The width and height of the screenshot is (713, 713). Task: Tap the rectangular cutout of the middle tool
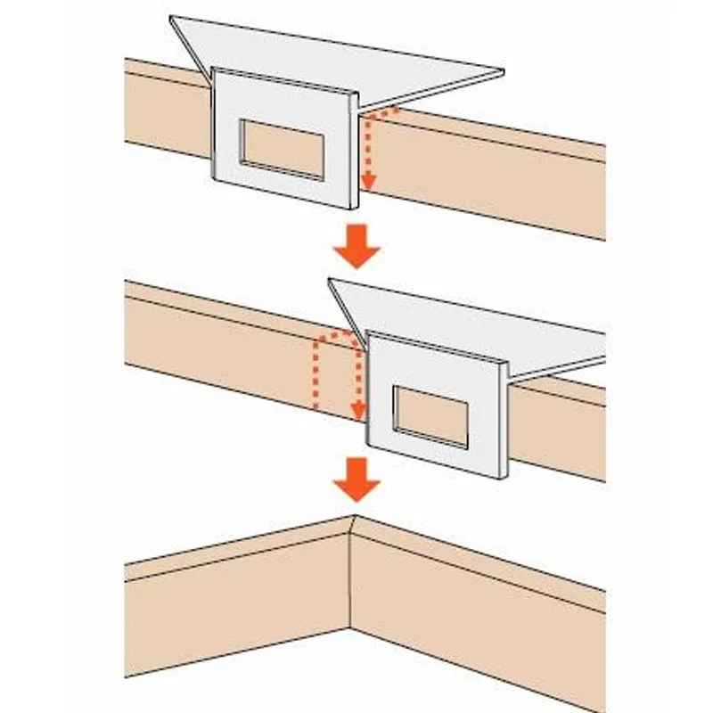click(431, 415)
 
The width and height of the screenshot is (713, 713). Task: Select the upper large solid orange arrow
click(356, 247)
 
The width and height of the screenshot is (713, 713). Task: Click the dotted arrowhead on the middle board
click(357, 411)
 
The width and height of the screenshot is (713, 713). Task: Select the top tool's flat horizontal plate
click(356, 58)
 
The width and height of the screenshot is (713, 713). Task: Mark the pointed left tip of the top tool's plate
click(171, 18)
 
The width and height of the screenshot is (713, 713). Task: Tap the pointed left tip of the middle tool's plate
click(331, 281)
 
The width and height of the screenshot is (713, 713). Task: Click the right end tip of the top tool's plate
click(502, 72)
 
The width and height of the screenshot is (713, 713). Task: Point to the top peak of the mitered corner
click(355, 516)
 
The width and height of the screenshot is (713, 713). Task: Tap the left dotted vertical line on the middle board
click(313, 374)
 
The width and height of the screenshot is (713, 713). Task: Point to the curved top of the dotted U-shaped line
click(335, 332)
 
